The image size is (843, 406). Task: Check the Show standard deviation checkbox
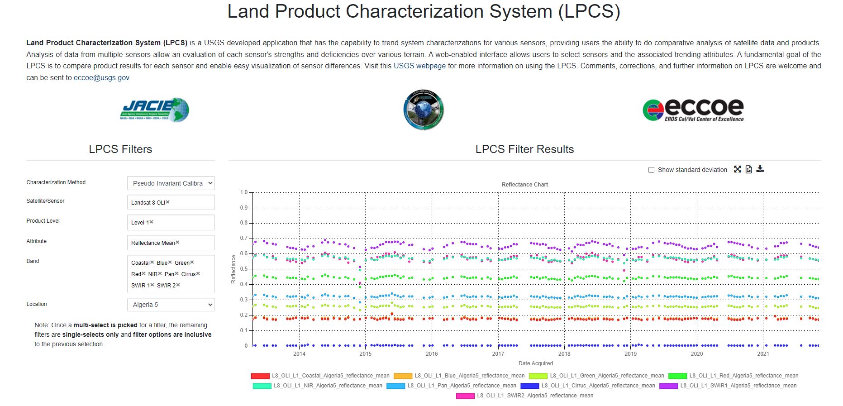coord(651,170)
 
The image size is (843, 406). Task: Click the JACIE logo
coord(155,110)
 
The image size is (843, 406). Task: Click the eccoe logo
coord(693,110)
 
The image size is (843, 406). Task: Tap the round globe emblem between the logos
coord(424,110)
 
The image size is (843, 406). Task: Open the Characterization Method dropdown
coord(171,183)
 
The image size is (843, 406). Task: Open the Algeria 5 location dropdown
coord(171,305)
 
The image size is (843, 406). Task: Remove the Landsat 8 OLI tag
coord(168,202)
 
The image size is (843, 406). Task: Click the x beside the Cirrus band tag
coord(198,274)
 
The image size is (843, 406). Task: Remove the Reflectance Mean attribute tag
coord(177,243)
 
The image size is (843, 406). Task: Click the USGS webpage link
coord(419,66)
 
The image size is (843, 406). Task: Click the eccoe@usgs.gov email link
coord(101,78)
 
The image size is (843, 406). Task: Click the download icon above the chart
coord(760,169)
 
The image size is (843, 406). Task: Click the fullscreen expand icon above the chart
coord(738,169)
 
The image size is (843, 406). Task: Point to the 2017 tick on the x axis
coord(498,354)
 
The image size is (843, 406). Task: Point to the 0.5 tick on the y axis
coord(244,269)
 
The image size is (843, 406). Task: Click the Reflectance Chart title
coord(524,185)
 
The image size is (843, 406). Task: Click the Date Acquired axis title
coord(535,363)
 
